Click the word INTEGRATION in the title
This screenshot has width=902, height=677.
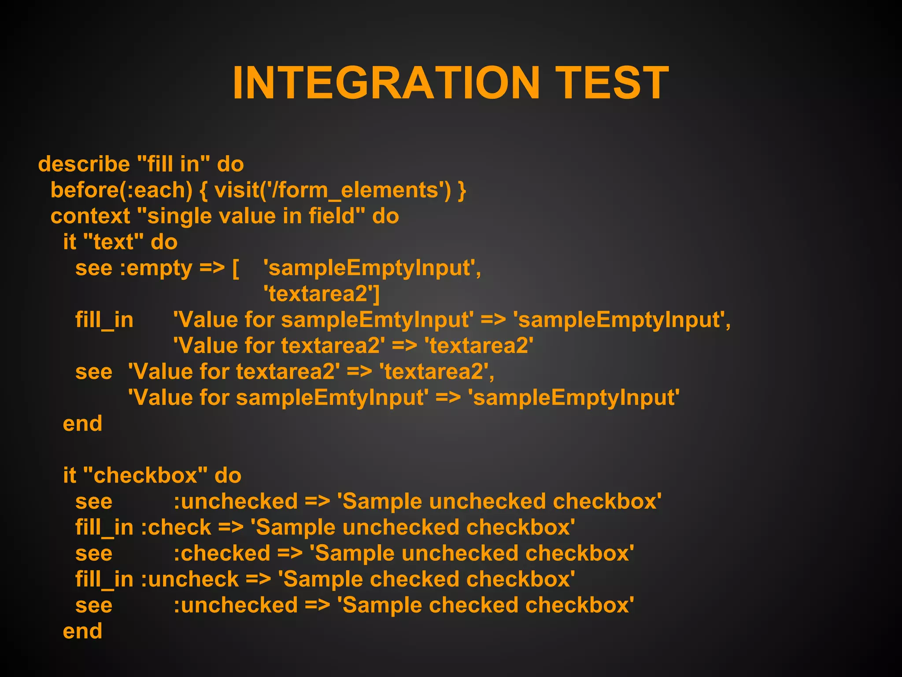click(386, 83)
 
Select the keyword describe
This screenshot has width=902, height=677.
click(84, 164)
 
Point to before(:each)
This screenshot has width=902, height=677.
click(122, 190)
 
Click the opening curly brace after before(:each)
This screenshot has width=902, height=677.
click(203, 190)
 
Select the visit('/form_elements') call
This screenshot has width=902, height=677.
click(333, 190)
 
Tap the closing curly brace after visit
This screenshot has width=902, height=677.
click(462, 190)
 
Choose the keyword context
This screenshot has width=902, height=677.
click(90, 216)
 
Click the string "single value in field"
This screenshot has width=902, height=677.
click(251, 216)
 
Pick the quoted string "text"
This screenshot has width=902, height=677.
click(113, 242)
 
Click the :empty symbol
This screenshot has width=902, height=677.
click(156, 268)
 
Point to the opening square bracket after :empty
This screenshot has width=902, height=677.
click(236, 268)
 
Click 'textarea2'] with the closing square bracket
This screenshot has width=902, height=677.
click(322, 294)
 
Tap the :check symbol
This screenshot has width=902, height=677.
click(176, 528)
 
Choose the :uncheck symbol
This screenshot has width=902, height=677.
click(190, 580)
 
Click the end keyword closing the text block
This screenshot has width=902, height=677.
click(82, 424)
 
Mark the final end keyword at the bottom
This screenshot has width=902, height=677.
click(82, 631)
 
